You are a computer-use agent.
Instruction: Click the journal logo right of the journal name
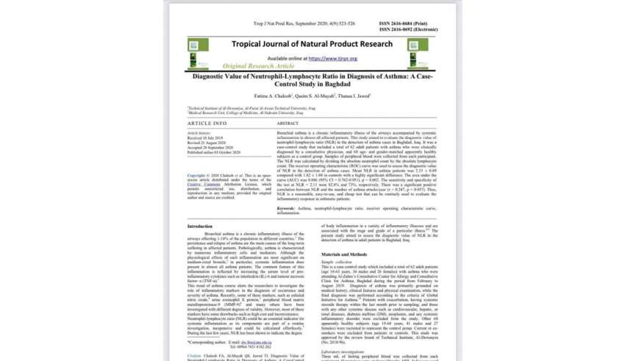coord(438,46)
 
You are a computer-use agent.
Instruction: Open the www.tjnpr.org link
coord(332,58)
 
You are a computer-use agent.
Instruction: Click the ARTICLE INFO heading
coord(207,123)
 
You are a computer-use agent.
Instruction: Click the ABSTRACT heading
coord(287,123)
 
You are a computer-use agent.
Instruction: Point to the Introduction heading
coord(200,226)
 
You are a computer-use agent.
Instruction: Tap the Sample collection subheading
coord(337,261)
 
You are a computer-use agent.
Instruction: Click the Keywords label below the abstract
coord(287,209)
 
